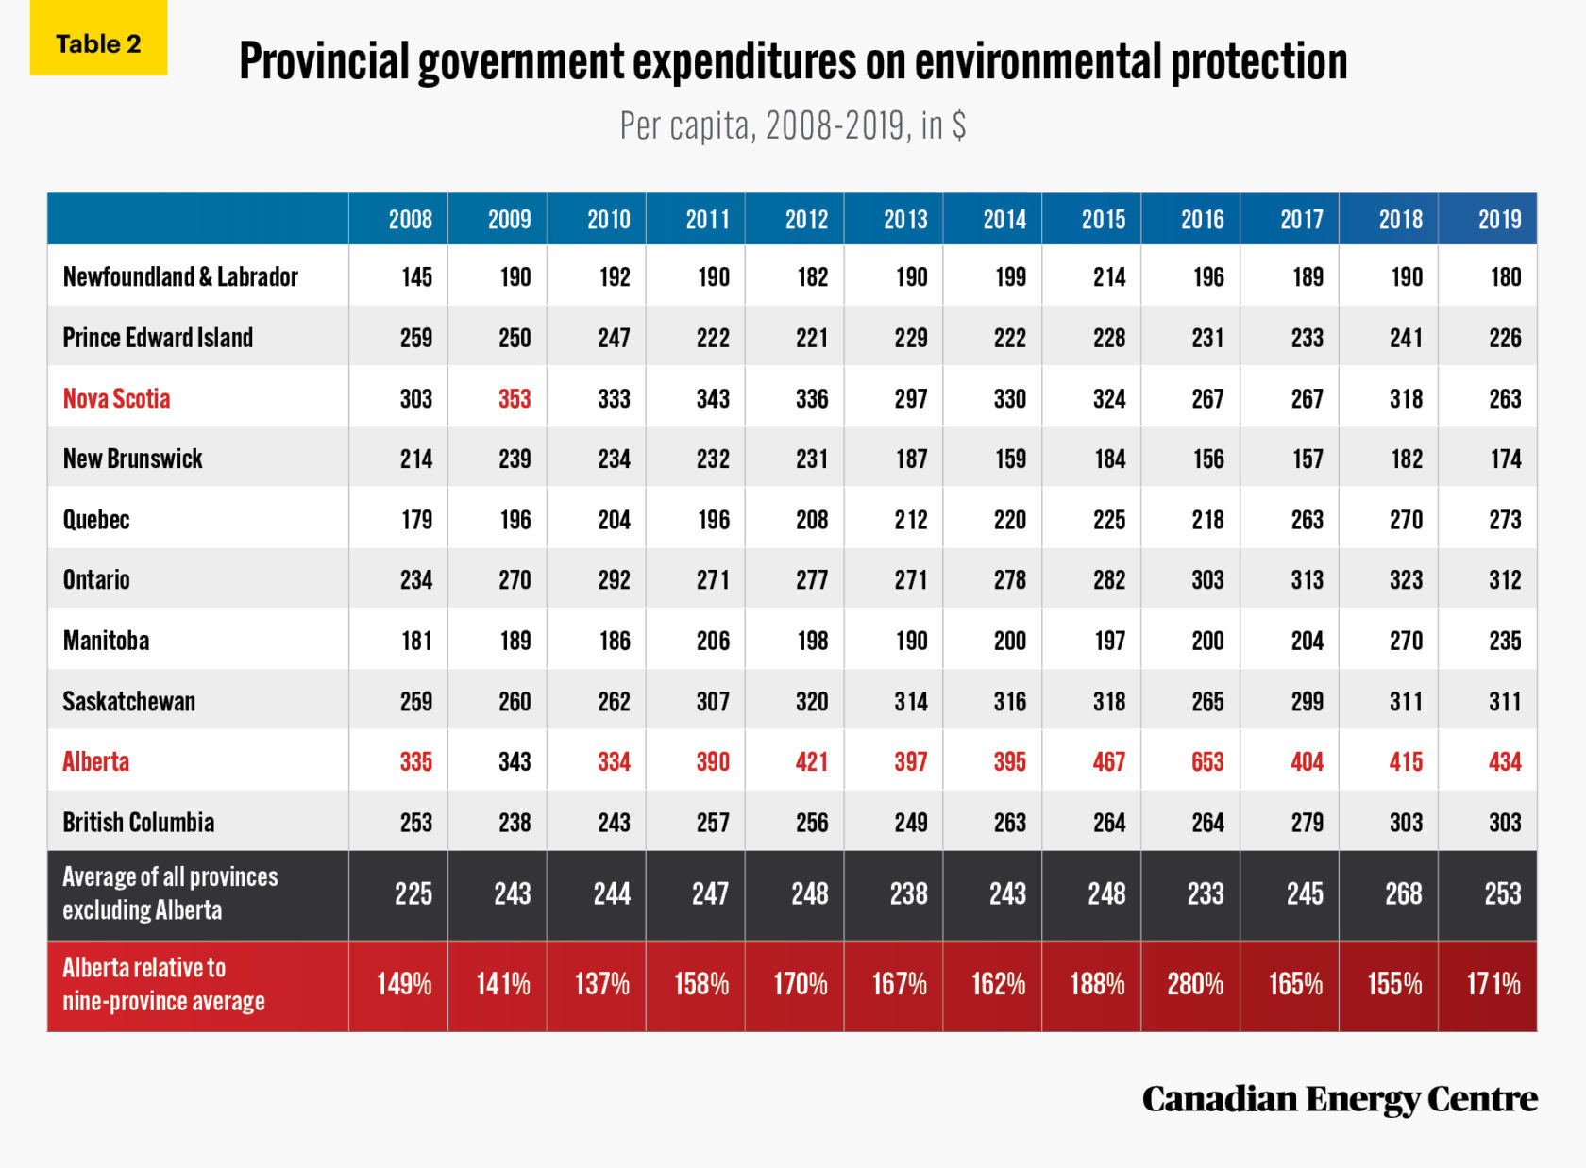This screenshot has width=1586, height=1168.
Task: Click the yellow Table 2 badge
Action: (x=98, y=43)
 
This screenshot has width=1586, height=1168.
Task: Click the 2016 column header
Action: (x=1202, y=220)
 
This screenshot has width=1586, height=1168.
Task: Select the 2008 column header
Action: (x=410, y=220)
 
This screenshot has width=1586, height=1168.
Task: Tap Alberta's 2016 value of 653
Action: (x=1206, y=761)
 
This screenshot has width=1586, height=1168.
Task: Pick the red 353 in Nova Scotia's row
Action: (x=515, y=398)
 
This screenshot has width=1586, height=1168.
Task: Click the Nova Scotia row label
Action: (x=116, y=398)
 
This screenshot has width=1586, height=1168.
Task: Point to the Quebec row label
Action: (x=95, y=519)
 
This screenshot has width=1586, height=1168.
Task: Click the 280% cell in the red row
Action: (x=1194, y=984)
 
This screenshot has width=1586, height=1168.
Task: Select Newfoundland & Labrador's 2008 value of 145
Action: (x=416, y=276)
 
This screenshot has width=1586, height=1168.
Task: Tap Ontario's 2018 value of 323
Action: (x=1405, y=579)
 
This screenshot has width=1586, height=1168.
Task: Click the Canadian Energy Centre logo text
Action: (x=1339, y=1099)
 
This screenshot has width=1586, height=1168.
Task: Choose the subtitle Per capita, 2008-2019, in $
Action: (x=792, y=125)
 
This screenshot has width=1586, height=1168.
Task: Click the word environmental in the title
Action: (x=1038, y=62)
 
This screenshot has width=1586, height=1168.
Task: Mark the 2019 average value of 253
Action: (x=1501, y=893)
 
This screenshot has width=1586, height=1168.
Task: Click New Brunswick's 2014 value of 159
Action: (x=1009, y=459)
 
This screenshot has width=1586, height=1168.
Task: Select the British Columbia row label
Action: (x=138, y=822)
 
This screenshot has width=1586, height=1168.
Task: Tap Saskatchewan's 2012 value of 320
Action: (x=811, y=701)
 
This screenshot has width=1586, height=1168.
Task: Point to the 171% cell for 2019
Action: (x=1493, y=984)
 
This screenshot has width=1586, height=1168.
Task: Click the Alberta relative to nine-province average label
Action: (x=162, y=984)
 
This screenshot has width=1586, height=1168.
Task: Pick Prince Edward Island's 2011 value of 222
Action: (x=712, y=338)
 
